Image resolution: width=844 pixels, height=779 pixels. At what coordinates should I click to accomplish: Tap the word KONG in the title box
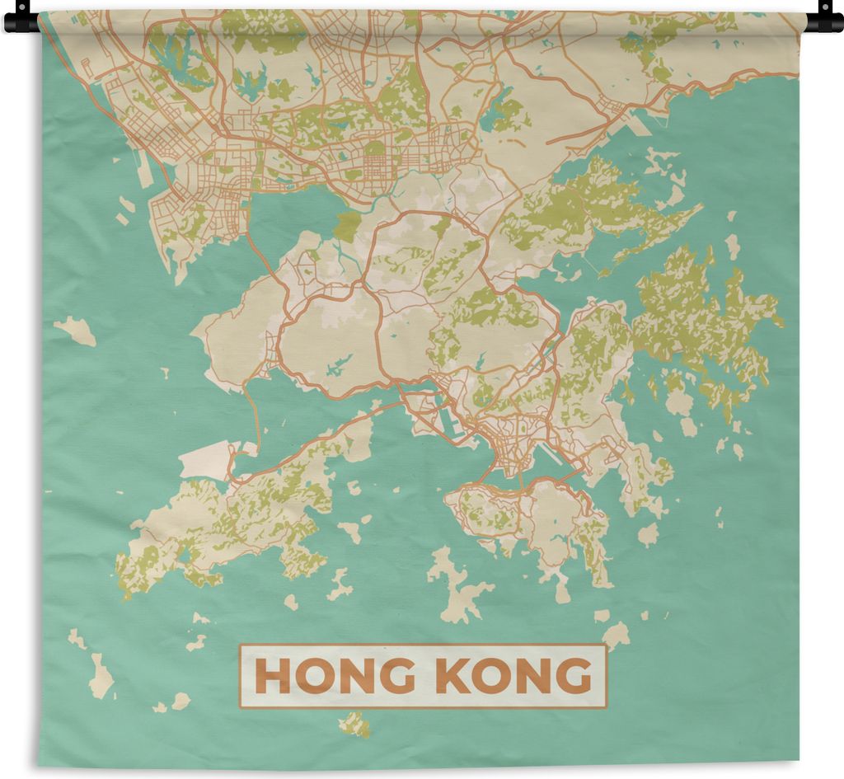(513, 676)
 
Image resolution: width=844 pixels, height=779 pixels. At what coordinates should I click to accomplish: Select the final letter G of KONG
(575, 676)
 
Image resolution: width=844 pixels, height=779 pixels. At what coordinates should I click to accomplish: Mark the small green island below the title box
(354, 723)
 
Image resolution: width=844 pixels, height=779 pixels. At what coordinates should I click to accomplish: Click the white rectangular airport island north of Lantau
(206, 459)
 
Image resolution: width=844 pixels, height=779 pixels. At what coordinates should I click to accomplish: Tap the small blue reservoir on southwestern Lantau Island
(183, 554)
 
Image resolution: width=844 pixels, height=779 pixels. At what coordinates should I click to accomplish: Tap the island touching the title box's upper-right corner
(615, 636)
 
